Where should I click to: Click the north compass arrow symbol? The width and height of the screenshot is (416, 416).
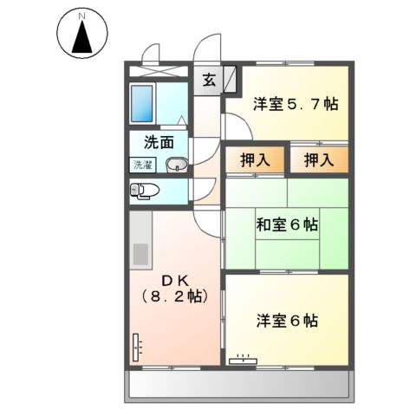(81, 39)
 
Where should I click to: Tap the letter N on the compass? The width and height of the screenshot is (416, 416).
(81, 16)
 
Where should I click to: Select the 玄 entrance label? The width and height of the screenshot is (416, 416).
(209, 81)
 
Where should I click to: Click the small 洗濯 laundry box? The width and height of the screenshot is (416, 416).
(142, 165)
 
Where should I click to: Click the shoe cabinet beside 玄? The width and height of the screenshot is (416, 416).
(231, 81)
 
